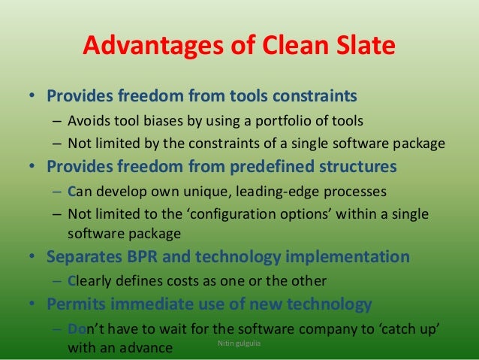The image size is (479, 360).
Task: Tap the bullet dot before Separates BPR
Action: [32, 257]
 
